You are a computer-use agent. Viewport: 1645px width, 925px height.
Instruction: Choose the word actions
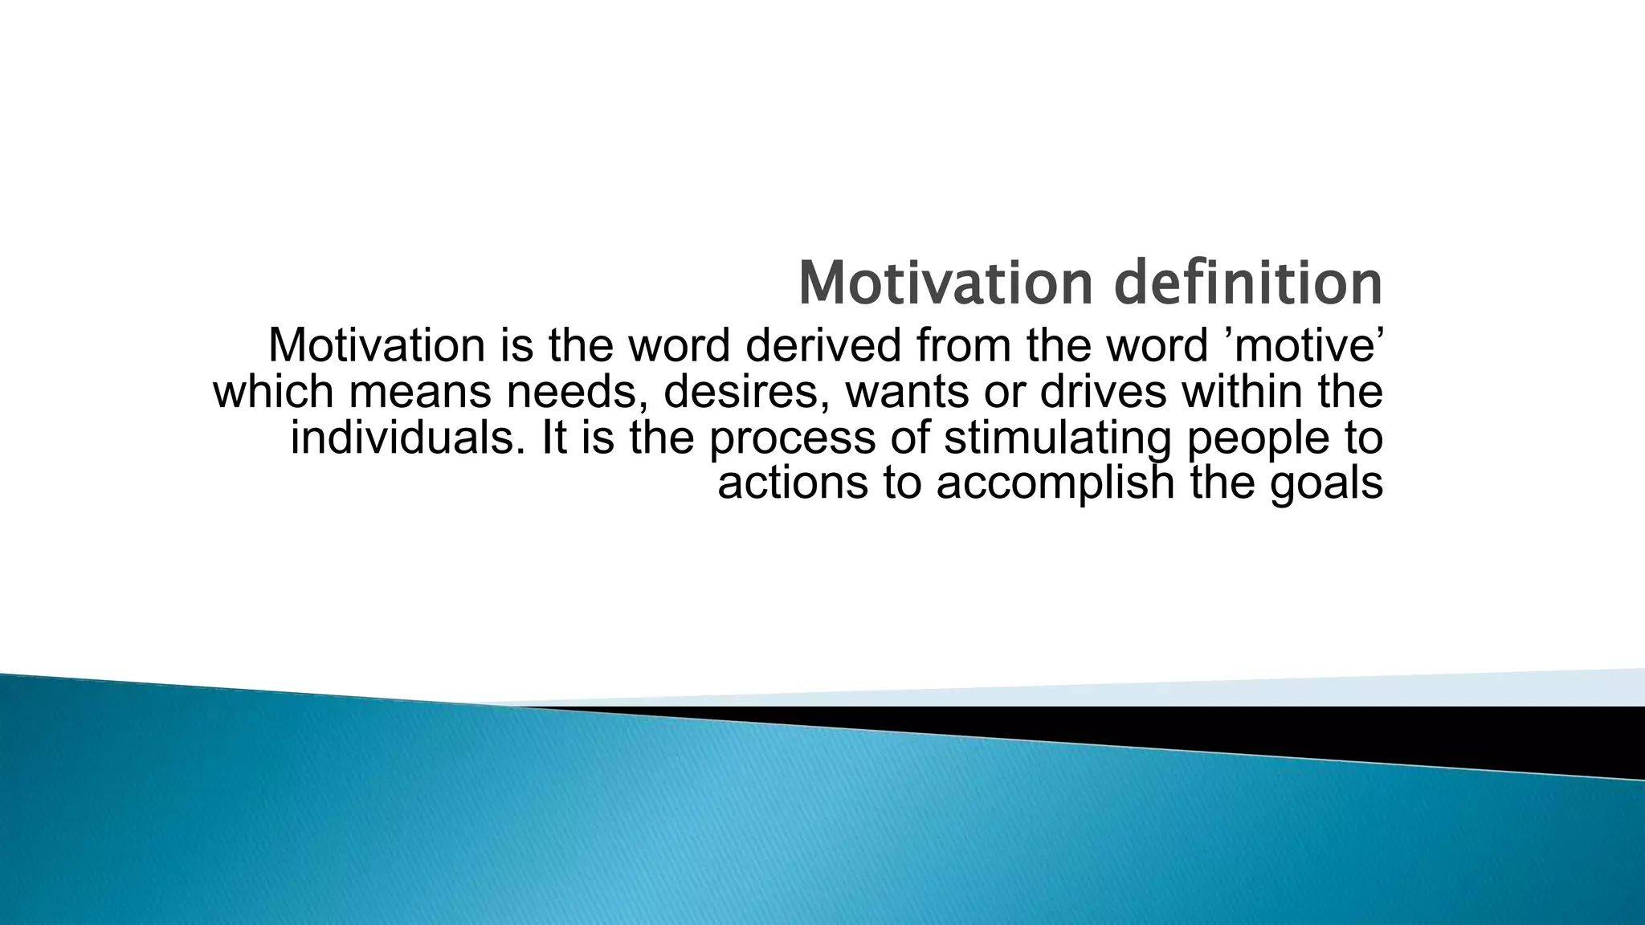click(x=793, y=483)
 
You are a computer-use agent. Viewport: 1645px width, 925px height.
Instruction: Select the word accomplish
click(x=1055, y=483)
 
